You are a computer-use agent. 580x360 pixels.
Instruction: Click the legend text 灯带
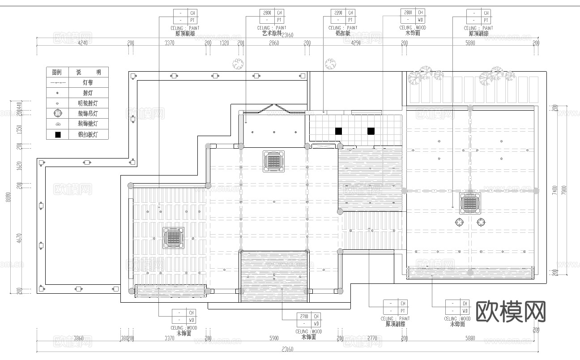[x=88, y=83]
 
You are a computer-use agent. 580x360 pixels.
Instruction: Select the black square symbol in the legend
[x=57, y=134]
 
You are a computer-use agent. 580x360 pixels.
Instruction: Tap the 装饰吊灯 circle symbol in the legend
[x=57, y=113]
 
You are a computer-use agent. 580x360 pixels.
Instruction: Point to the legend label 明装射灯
[x=88, y=103]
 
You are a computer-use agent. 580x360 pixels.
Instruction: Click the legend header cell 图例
[x=57, y=72]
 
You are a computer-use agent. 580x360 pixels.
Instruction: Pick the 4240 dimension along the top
[x=82, y=43]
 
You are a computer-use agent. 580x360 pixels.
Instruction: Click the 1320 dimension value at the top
[x=224, y=43]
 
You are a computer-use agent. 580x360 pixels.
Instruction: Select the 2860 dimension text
[x=273, y=43]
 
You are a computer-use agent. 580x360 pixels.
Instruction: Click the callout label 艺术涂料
[x=272, y=34]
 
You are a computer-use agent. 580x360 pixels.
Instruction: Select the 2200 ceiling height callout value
[x=338, y=13]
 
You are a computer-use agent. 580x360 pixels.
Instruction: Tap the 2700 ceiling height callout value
[x=304, y=317]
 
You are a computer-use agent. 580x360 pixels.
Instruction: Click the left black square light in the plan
[x=339, y=131]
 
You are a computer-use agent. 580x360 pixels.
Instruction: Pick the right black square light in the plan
[x=371, y=131]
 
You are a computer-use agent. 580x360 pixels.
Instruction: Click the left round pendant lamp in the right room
[x=460, y=222]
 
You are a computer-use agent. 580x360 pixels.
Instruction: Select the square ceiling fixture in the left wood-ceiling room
[x=173, y=238]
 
